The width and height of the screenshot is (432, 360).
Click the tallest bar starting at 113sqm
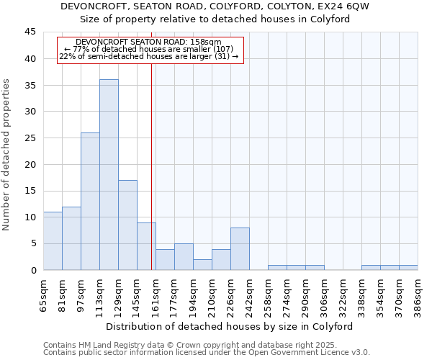pyautogui.click(x=109, y=175)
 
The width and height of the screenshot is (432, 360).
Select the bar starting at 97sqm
pyautogui.click(x=90, y=202)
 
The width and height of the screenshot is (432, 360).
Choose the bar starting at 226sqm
pyautogui.click(x=240, y=249)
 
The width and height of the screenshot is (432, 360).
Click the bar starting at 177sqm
pyautogui.click(x=184, y=257)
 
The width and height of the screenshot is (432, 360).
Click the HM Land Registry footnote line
pyautogui.click(x=194, y=346)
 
